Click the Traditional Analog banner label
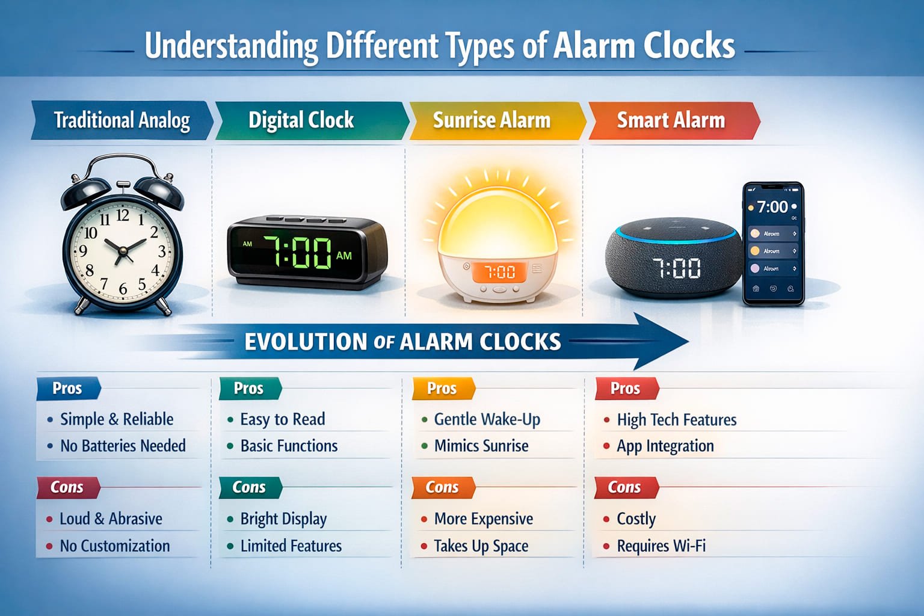click(x=122, y=120)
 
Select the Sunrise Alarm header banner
click(x=491, y=120)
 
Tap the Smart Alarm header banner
click(x=671, y=120)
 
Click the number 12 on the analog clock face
click(x=123, y=215)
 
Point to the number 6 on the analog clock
click(x=123, y=289)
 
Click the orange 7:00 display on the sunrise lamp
click(x=500, y=273)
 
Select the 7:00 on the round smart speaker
click(x=676, y=268)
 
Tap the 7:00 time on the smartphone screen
click(x=772, y=207)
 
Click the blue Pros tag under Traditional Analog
click(x=67, y=389)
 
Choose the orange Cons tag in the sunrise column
click(x=442, y=487)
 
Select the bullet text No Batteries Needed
click(x=123, y=446)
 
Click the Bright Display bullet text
click(x=283, y=519)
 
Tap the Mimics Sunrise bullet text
click(x=481, y=446)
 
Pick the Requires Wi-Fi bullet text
click(x=661, y=546)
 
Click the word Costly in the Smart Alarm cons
click(x=636, y=519)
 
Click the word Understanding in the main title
click(x=232, y=46)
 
